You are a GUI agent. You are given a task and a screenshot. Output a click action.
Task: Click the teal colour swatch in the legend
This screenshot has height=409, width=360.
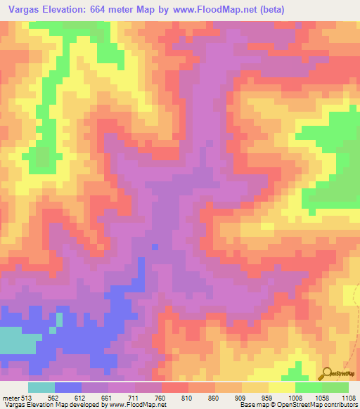41,387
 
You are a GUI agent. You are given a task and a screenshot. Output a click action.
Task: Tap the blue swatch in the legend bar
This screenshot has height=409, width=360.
68,387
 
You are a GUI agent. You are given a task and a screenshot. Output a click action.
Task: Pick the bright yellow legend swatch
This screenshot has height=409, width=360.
282,387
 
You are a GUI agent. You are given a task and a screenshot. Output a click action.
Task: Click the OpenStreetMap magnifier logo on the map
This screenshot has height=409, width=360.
326,372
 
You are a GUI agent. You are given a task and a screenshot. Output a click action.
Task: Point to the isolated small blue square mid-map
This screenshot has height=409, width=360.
155,246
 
